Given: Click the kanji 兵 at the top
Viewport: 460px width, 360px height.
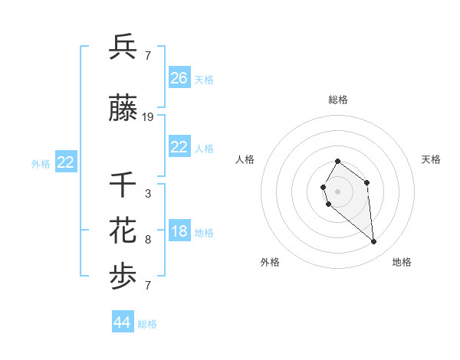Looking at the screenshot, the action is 123,47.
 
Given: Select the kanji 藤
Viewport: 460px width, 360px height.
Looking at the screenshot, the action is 123,110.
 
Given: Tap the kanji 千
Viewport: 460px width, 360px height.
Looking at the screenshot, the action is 123,184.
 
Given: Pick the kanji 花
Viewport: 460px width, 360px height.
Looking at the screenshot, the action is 123,230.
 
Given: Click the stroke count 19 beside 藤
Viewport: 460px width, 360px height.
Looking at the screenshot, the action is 148,117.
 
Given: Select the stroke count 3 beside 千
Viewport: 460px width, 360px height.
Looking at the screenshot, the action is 148,194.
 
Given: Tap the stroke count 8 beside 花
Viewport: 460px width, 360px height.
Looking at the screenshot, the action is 148,240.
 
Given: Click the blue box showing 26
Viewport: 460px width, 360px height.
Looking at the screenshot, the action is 179,77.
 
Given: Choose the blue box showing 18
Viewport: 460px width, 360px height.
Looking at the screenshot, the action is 179,232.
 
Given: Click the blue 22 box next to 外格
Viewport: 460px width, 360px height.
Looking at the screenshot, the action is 66,162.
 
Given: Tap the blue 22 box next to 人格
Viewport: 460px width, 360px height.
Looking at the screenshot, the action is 179,147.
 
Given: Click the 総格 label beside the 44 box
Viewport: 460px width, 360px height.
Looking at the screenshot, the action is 147,324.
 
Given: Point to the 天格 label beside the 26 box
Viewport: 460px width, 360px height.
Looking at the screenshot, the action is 204,79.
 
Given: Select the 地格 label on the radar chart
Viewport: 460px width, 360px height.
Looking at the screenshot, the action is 402,262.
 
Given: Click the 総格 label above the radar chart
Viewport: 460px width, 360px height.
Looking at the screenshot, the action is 338,100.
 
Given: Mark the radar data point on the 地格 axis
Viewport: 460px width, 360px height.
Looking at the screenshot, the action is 374,242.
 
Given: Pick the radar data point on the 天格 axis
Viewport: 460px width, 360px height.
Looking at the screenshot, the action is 367,182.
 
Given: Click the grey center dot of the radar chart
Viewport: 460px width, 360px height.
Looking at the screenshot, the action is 338,191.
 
